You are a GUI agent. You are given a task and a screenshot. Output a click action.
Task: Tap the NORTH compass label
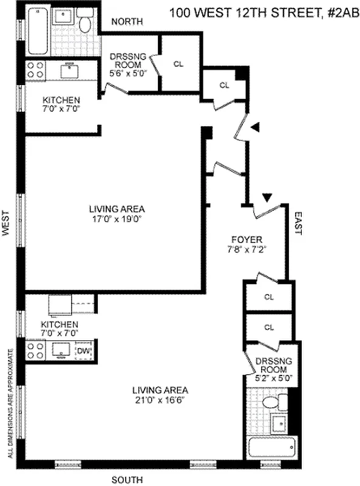pyautogui.click(x=126, y=22)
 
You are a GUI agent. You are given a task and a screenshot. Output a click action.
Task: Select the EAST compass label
pyautogui.click(x=298, y=222)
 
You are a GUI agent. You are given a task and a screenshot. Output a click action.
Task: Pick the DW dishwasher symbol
pyautogui.click(x=84, y=350)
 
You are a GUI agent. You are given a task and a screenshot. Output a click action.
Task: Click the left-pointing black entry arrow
pyautogui.click(x=256, y=126)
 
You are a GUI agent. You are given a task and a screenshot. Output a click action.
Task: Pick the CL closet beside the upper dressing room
pyautogui.click(x=178, y=63)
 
